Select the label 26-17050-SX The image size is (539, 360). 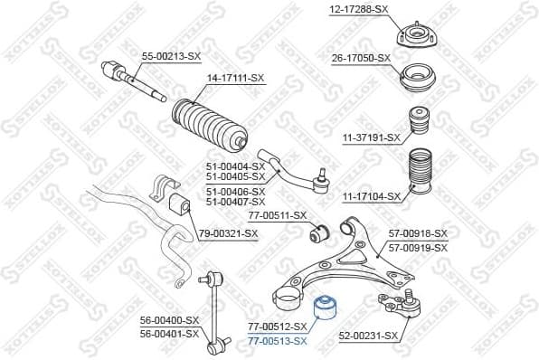tap(359, 57)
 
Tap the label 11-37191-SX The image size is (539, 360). tap(371, 137)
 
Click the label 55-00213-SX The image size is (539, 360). tap(170, 56)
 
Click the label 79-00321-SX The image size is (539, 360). tap(228, 233)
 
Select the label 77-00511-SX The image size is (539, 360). tap(278, 215)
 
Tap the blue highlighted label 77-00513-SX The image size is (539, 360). tap(278, 340)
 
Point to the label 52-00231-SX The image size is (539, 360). tap(368, 336)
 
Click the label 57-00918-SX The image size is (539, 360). tap(418, 233)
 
